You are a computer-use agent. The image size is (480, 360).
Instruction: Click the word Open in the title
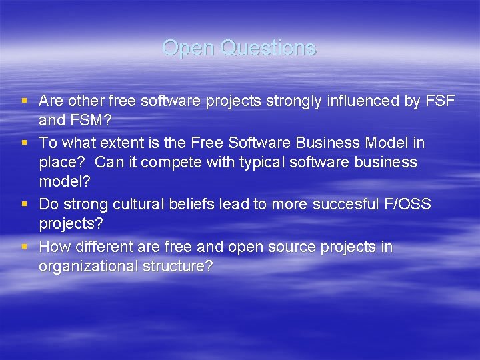pos(188,48)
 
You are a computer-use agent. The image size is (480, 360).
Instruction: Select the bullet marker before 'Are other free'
pos(25,101)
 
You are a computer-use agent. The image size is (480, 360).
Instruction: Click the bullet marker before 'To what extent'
pos(25,143)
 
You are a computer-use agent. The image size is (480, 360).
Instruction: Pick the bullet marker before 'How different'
pos(25,247)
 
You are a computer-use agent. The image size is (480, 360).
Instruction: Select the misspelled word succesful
pos(339,205)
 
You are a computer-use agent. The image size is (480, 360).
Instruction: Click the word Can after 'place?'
pos(109,163)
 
